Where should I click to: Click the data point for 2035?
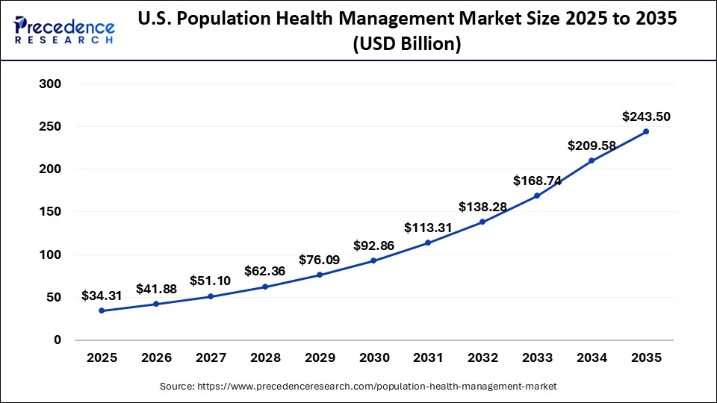click(x=645, y=131)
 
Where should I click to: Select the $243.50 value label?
click(x=645, y=116)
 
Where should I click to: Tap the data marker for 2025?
click(x=102, y=310)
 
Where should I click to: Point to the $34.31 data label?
click(x=102, y=296)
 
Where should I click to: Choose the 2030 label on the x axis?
click(x=373, y=357)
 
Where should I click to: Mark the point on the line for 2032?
click(x=482, y=222)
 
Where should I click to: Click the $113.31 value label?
click(x=427, y=228)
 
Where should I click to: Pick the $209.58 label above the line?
click(x=591, y=146)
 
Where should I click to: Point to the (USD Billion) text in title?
click(x=406, y=45)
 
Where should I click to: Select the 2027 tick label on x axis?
click(x=211, y=357)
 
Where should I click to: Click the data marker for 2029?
click(x=319, y=275)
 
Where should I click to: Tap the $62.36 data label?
click(x=264, y=272)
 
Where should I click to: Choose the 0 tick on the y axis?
click(x=57, y=340)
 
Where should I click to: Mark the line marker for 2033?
click(x=536, y=196)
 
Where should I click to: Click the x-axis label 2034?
click(x=591, y=357)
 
